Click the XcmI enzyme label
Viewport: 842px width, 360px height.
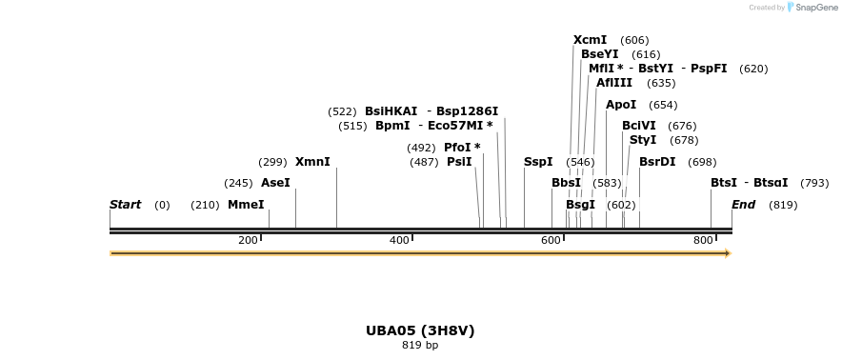click(591, 40)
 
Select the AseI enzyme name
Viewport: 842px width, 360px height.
click(275, 183)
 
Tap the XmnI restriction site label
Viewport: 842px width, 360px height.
click(312, 162)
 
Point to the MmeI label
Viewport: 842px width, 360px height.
click(246, 205)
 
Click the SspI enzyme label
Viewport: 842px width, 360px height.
click(538, 162)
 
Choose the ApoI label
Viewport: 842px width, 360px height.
click(621, 105)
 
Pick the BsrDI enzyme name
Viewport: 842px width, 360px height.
click(657, 162)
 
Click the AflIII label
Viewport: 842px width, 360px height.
click(614, 83)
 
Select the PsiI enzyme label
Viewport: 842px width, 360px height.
click(459, 162)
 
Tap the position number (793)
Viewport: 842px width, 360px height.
click(814, 183)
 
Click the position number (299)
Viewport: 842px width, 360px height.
click(272, 162)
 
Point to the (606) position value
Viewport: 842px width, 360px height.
click(634, 41)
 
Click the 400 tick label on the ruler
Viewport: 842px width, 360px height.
click(399, 240)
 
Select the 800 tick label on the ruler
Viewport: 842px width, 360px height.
click(703, 240)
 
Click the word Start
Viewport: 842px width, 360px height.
click(125, 205)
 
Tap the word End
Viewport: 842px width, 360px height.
click(743, 205)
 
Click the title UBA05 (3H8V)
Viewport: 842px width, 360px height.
click(420, 330)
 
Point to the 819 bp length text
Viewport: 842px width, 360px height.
click(420, 345)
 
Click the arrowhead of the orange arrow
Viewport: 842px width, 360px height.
click(728, 253)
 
